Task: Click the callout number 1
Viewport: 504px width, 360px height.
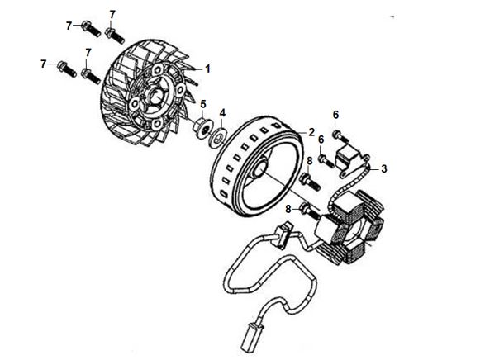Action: pyautogui.click(x=208, y=69)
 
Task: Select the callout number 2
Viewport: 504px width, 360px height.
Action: pyautogui.click(x=311, y=132)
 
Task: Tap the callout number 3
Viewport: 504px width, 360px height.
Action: pyautogui.click(x=383, y=168)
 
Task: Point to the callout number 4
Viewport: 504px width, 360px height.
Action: pyautogui.click(x=221, y=112)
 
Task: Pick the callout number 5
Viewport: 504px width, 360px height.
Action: pyautogui.click(x=202, y=103)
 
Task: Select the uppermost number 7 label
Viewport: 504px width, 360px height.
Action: pyautogui.click(x=112, y=15)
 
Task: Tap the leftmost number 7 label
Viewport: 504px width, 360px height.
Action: pyautogui.click(x=42, y=64)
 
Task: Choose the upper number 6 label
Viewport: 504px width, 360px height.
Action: pyautogui.click(x=335, y=114)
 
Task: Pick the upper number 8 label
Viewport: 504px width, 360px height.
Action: pyautogui.click(x=309, y=161)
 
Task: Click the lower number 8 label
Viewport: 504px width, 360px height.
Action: pyautogui.click(x=288, y=210)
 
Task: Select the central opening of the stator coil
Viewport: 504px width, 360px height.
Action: pyautogui.click(x=354, y=229)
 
